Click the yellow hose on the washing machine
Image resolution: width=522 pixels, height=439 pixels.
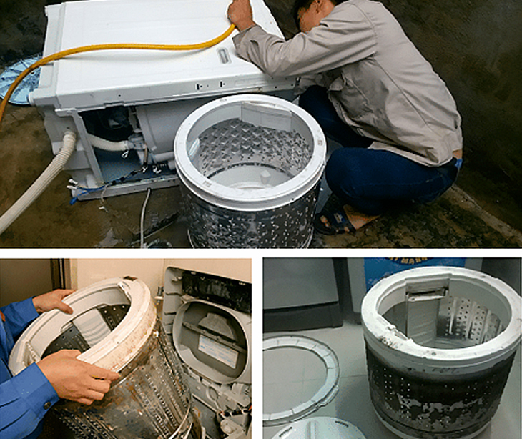pos(129,48)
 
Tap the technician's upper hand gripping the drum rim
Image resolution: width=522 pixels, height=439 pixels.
pos(51,300)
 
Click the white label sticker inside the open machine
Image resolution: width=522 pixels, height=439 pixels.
pos(215,351)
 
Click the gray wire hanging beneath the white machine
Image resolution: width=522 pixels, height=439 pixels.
pos(144,214)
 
